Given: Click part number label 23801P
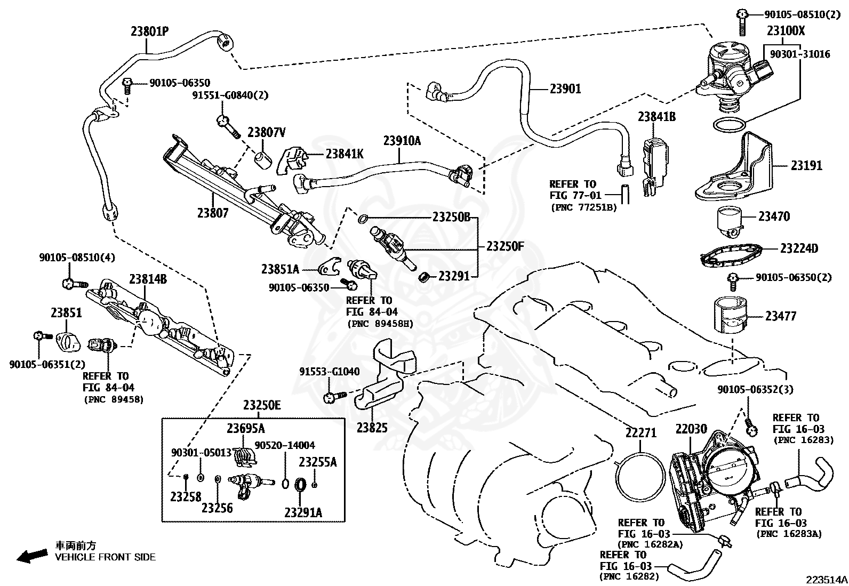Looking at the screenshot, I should click(x=149, y=31).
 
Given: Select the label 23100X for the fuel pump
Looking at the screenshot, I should click(x=786, y=31).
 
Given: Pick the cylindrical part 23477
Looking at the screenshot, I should click(x=730, y=316).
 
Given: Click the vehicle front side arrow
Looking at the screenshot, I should click(x=31, y=557).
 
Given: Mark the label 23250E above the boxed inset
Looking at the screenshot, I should click(x=261, y=406).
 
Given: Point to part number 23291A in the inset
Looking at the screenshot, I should click(x=303, y=512).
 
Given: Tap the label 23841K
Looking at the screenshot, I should click(x=344, y=154).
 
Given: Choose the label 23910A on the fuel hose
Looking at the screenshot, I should click(x=402, y=141).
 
